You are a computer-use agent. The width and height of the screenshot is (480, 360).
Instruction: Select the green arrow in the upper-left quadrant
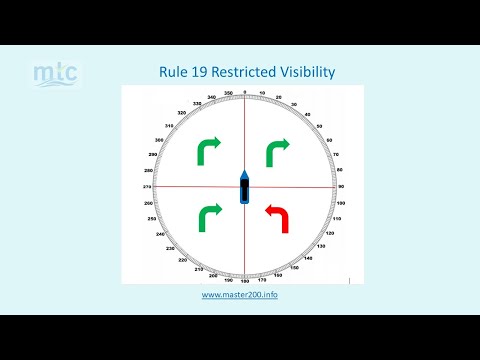tap(210, 150)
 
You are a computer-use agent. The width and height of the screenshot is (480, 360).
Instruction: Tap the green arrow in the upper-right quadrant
tap(275, 150)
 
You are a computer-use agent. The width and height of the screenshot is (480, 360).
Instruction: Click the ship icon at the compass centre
tap(243, 187)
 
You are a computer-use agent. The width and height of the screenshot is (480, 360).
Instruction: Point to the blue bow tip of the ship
tap(243, 172)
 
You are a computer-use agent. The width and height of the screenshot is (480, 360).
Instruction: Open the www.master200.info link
tap(239, 295)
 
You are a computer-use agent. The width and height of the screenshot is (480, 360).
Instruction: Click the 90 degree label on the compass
tap(341, 187)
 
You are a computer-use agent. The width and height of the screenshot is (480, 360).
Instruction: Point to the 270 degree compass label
tap(147, 187)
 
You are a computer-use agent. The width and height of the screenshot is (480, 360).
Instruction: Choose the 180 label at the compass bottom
tap(244, 282)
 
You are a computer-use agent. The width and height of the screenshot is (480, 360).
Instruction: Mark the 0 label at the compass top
tap(244, 92)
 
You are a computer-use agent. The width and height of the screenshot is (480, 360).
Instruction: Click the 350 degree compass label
tap(228, 93)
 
